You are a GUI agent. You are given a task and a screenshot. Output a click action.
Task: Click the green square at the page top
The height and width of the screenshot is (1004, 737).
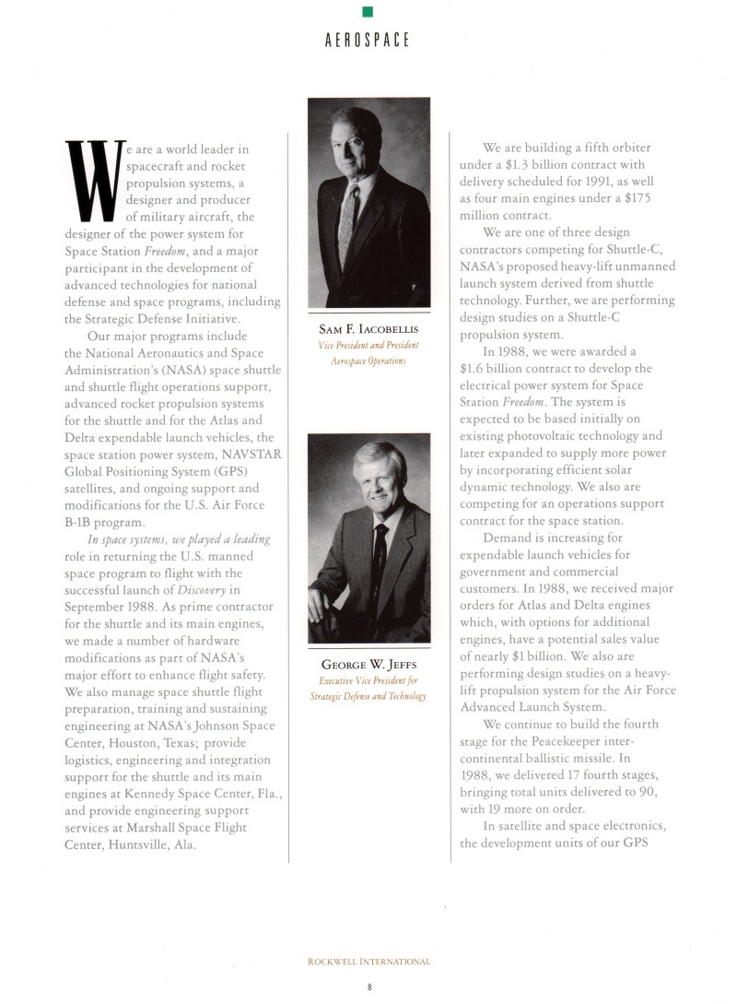click(x=368, y=11)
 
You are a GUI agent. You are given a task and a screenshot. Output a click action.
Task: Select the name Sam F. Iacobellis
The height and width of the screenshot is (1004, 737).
click(x=368, y=329)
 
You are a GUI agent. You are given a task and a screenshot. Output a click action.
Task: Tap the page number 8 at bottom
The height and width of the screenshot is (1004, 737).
click(x=368, y=986)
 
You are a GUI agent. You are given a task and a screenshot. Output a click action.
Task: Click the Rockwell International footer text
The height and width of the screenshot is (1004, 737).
click(x=368, y=962)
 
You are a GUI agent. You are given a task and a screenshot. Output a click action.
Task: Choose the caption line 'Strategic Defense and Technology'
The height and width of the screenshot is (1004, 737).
click(x=368, y=695)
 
